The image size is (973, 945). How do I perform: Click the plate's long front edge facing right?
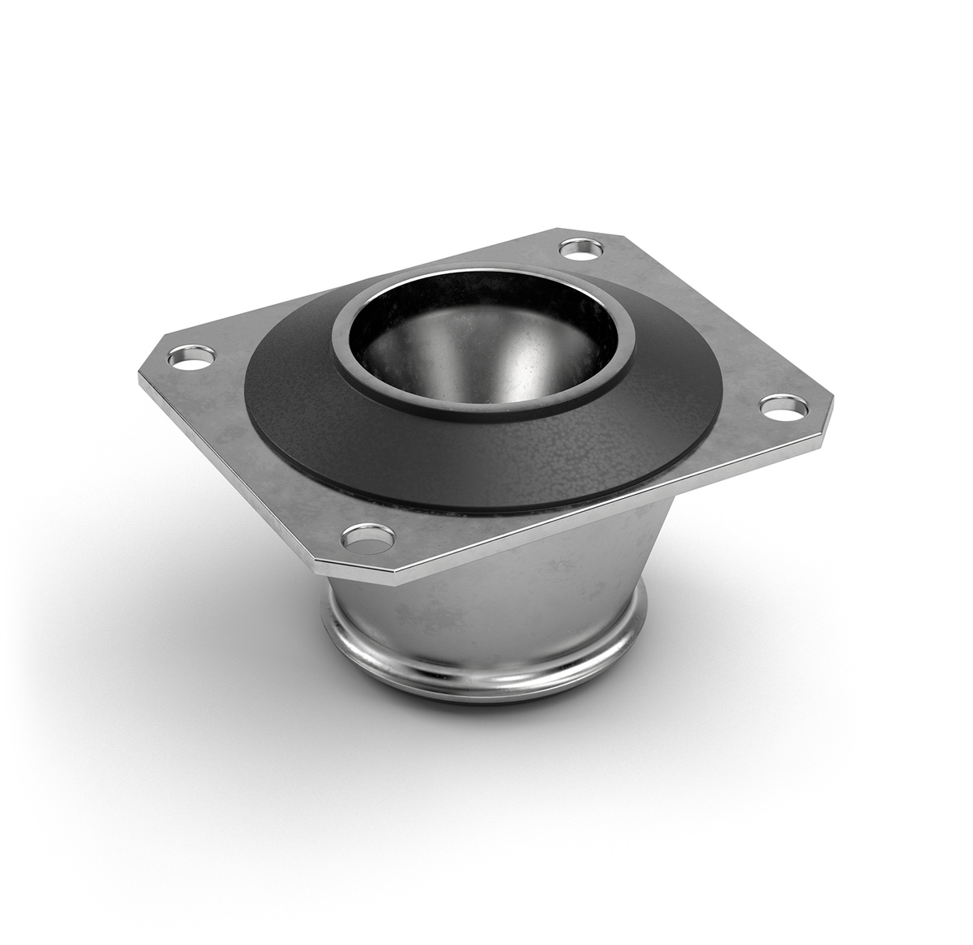tap(616, 495)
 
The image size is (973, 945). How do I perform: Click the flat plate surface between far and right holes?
tap(697, 324)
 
